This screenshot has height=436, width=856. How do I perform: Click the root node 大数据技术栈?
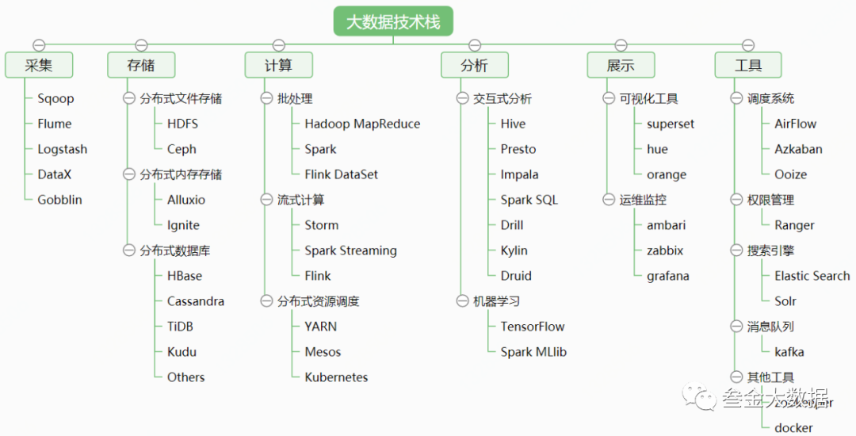[x=392, y=21]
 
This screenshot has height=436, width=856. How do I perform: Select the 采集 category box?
[x=39, y=66]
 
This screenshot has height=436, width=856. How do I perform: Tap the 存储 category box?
[x=141, y=66]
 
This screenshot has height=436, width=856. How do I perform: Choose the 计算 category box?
[x=278, y=66]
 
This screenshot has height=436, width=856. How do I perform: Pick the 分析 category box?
[x=474, y=66]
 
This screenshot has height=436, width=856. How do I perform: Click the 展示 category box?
[x=621, y=66]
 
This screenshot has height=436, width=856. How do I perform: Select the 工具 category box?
[x=748, y=66]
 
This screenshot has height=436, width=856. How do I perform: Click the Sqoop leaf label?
[x=55, y=99]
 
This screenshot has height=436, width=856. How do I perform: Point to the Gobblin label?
[x=59, y=200]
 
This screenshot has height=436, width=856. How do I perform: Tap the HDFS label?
[x=182, y=124]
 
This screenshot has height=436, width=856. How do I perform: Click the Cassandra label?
[x=195, y=301]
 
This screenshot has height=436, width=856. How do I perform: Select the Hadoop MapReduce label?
[x=362, y=124]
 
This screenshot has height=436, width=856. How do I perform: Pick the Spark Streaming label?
[x=350, y=251]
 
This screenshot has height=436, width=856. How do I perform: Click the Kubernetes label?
[x=336, y=377]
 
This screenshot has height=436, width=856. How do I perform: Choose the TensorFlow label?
[x=533, y=327]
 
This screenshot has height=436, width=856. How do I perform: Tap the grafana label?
[x=667, y=276]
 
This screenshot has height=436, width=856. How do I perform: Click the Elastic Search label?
[x=812, y=276]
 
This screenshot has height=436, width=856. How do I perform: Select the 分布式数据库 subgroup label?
[x=175, y=251]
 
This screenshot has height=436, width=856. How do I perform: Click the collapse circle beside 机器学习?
[x=462, y=301]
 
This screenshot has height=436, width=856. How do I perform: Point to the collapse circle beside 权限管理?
[x=736, y=200]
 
